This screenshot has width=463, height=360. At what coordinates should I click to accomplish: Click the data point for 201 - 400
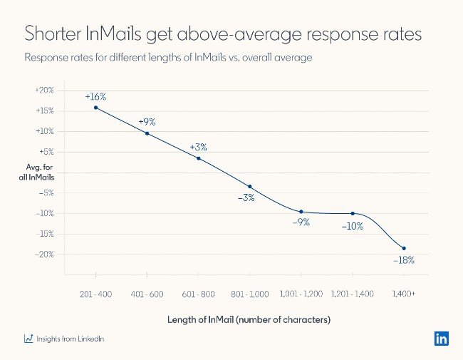click(95, 108)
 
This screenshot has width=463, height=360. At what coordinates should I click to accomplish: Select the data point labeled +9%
click(147, 133)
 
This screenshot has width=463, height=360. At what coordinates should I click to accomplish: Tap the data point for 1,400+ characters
click(404, 248)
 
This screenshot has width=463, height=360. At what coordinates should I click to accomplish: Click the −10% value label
click(352, 226)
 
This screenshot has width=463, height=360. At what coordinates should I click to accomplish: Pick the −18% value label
click(403, 260)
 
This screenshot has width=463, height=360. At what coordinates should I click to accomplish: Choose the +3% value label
click(198, 147)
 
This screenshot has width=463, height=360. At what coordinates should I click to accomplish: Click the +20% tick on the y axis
click(44, 91)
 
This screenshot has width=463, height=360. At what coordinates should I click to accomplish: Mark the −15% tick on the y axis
click(44, 234)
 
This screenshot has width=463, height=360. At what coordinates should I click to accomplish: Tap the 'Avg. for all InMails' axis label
click(36, 172)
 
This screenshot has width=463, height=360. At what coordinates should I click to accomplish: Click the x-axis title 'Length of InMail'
click(249, 320)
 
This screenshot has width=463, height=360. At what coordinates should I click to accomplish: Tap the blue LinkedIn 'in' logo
click(441, 339)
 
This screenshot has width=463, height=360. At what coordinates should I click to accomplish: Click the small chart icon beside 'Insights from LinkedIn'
click(28, 339)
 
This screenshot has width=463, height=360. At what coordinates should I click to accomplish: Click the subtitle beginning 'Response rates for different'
click(167, 58)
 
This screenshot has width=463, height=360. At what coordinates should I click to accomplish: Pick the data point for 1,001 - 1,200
click(301, 212)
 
